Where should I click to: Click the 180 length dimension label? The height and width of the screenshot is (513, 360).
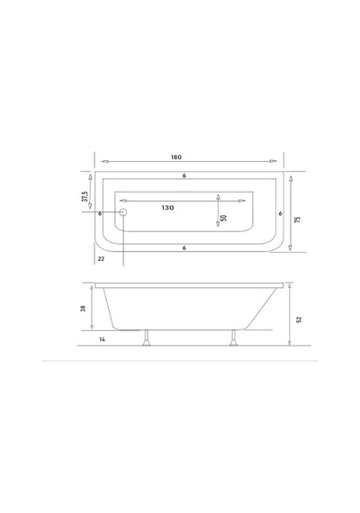coord(176,157)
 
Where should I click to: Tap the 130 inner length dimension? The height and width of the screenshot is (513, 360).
coord(167,207)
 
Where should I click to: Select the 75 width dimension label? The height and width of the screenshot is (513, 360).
coord(298,220)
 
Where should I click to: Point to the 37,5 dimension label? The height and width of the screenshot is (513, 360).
coord(85,196)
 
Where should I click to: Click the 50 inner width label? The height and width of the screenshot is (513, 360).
coord(224,218)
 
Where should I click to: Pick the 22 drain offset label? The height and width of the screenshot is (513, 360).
coord(101,259)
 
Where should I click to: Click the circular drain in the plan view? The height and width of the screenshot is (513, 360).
coord(123,212)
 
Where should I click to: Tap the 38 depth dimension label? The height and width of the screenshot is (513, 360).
coord(83,308)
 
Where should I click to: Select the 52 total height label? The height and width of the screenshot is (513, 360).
coord(299,319)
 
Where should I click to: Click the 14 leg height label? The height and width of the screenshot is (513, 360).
coord(102,339)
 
